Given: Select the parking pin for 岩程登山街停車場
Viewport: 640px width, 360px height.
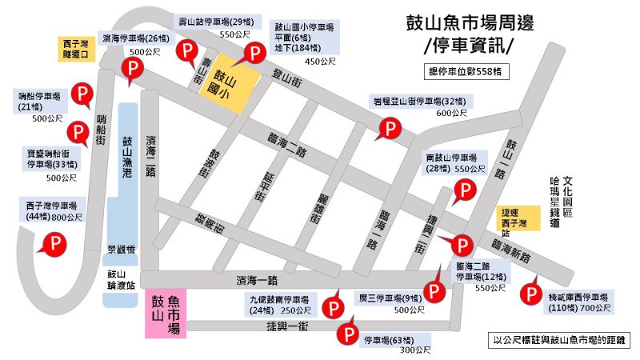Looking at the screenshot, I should pyautogui.click(x=390, y=128).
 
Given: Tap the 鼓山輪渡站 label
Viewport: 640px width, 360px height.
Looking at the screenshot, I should pyautogui.click(x=122, y=278).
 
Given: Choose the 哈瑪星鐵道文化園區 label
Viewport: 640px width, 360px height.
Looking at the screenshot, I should pyautogui.click(x=560, y=203).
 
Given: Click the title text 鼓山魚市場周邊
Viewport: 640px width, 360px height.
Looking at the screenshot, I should pyautogui.click(x=468, y=22).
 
